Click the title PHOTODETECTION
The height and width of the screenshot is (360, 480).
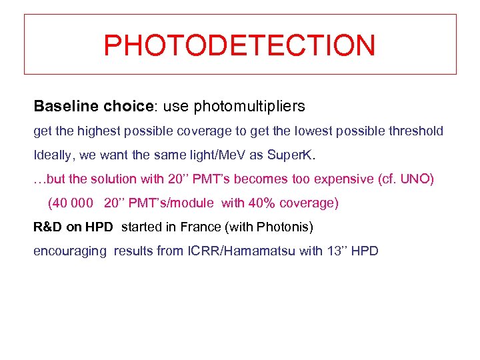pyautogui.click(x=240, y=45)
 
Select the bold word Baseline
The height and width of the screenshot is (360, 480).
pyautogui.click(x=63, y=106)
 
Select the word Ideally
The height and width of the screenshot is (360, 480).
pyautogui.click(x=54, y=155)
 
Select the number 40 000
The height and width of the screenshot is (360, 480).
pyautogui.click(x=71, y=203)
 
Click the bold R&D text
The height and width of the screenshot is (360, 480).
pyautogui.click(x=48, y=227)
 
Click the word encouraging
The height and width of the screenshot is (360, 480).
pyautogui.click(x=70, y=251)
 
